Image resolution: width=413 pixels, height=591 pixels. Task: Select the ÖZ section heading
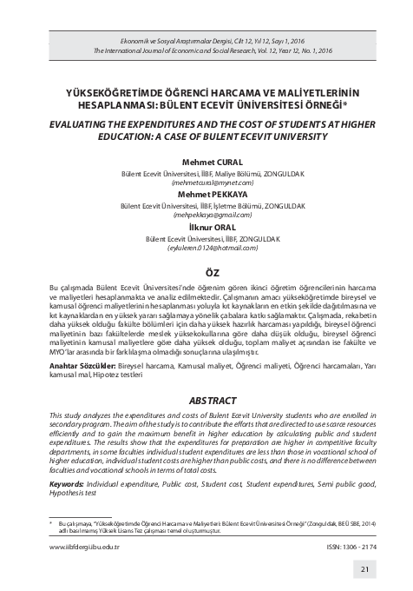pos(206,272)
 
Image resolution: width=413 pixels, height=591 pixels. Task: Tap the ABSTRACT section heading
pos(206,401)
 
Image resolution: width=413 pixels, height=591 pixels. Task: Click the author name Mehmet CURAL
pos(206,162)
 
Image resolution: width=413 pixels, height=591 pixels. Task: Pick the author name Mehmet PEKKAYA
pos(206,194)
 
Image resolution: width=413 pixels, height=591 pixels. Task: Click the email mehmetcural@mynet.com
pos(206,183)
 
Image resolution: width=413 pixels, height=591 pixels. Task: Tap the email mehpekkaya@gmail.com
pos(206,215)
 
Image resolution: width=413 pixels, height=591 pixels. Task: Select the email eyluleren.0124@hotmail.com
pos(206,247)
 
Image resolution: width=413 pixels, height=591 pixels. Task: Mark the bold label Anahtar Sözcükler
pos(75,366)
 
